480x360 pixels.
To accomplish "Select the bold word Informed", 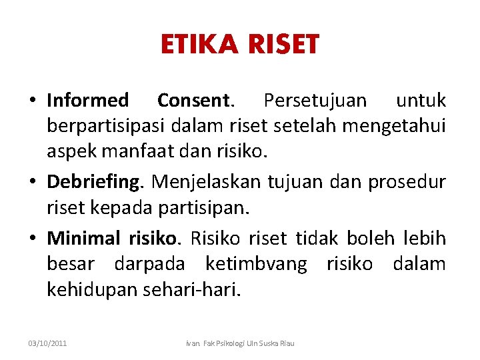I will click(87, 101).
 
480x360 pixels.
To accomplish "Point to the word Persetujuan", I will click(315, 101).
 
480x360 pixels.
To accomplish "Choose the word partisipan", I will click(203, 207).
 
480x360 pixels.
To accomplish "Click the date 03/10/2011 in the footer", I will click(47, 343).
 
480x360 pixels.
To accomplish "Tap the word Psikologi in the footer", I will click(229, 343).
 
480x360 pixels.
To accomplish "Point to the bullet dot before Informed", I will click(33, 101).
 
